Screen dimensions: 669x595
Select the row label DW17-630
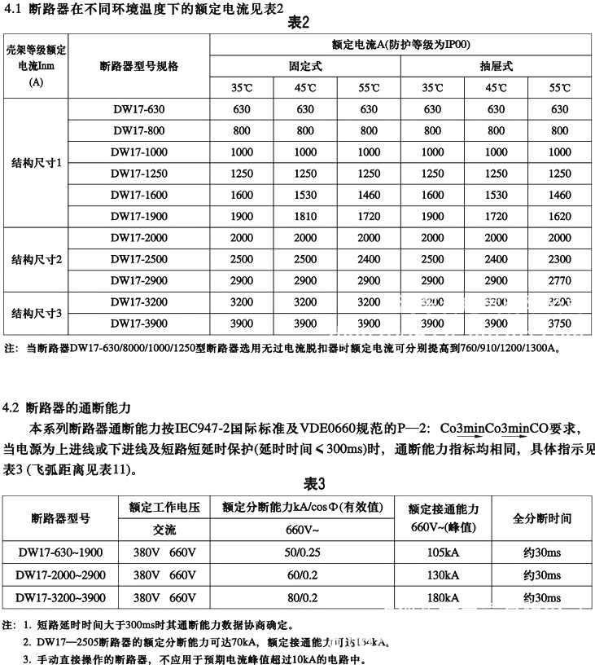pos(138,109)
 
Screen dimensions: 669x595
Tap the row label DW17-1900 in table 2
pos(138,215)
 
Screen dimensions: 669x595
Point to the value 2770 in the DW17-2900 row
pos(560,279)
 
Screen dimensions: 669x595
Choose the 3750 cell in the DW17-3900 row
pos(560,323)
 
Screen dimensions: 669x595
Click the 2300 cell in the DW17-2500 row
pos(560,258)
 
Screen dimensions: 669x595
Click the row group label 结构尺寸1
pos(36,163)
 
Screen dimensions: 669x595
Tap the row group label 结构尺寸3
pos(36,312)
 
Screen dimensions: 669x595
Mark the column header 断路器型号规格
pos(138,66)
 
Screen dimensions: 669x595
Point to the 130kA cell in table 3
pos(443,575)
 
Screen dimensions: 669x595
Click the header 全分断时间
pos(541,517)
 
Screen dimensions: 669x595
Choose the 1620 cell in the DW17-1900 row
pos(560,215)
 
